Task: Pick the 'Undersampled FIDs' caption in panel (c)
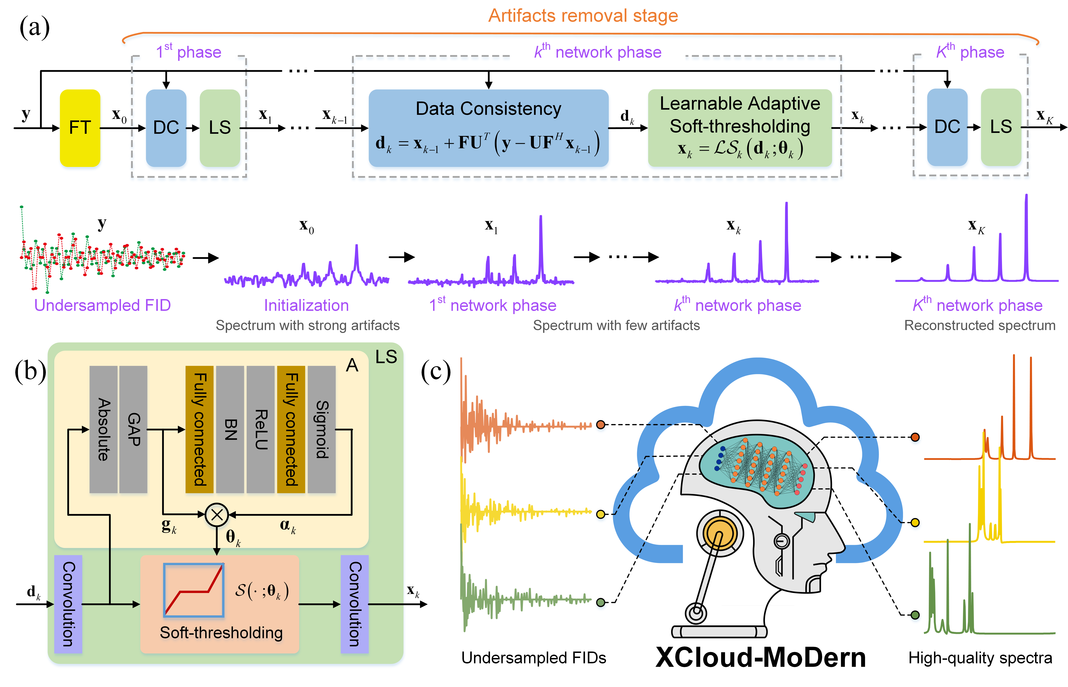click(533, 658)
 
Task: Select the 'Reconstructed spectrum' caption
click(979, 325)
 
